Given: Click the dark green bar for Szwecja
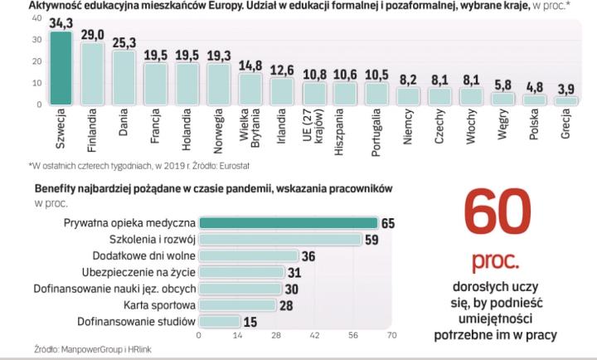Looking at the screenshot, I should pos(61,71).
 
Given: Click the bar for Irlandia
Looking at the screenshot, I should pos(282,91).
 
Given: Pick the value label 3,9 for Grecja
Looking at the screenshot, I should pos(566,89).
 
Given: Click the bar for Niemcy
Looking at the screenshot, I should pos(408,96).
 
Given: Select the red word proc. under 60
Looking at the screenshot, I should pos(498,264).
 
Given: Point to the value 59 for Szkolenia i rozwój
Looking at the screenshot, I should pos(372,241).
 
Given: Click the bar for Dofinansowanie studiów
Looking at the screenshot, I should pos(219,321).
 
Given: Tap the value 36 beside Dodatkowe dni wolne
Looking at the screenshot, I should pos(308,256).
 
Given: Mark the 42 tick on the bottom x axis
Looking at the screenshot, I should pos(314,336).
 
